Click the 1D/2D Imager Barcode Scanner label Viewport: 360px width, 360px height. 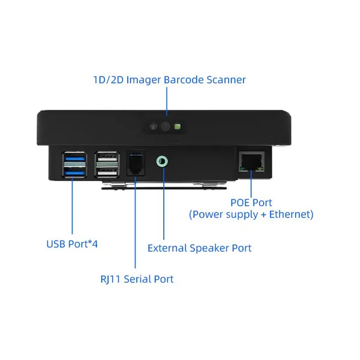point(169,80)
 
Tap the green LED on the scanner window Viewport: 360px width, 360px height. point(178,126)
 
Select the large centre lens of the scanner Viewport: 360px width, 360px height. point(166,126)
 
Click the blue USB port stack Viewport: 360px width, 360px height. point(74,164)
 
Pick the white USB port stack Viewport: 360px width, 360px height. point(107,164)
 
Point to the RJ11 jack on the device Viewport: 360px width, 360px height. point(136,163)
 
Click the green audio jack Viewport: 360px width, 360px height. point(162,161)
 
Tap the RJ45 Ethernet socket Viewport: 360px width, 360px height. point(251,161)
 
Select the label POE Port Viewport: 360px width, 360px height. point(251,203)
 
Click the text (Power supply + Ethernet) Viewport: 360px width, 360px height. point(251,214)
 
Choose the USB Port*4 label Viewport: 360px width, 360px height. point(72,244)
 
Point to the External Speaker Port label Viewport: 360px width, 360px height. point(199,248)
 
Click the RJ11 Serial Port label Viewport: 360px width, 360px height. point(137,279)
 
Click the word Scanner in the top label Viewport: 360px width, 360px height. point(226,80)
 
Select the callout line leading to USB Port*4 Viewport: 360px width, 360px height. point(72,206)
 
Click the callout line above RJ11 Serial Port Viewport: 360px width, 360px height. point(135,222)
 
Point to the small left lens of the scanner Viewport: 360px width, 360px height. point(153,126)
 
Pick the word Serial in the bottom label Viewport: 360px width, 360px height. point(137,279)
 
